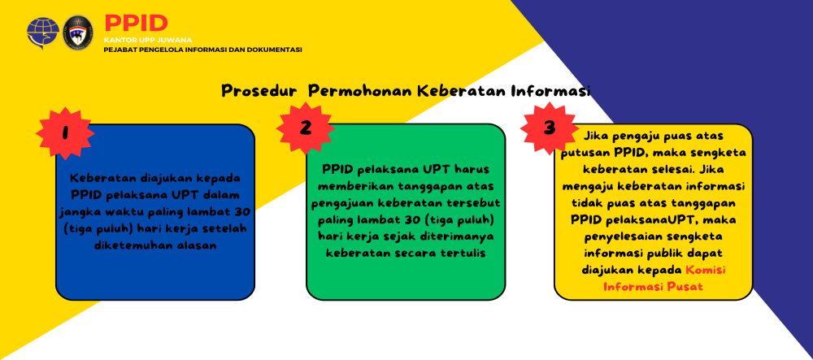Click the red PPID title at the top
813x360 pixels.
[x=137, y=24]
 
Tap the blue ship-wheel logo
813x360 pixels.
[x=43, y=33]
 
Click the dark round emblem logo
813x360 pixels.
[x=78, y=33]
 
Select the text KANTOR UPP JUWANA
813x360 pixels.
[x=148, y=40]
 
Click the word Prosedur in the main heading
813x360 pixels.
[x=259, y=91]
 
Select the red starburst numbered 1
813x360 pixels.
[x=65, y=133]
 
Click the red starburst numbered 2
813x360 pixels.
[x=306, y=128]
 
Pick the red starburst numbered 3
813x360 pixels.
[x=550, y=128]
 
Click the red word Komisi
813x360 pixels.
[x=705, y=270]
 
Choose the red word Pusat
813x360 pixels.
[x=688, y=286]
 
